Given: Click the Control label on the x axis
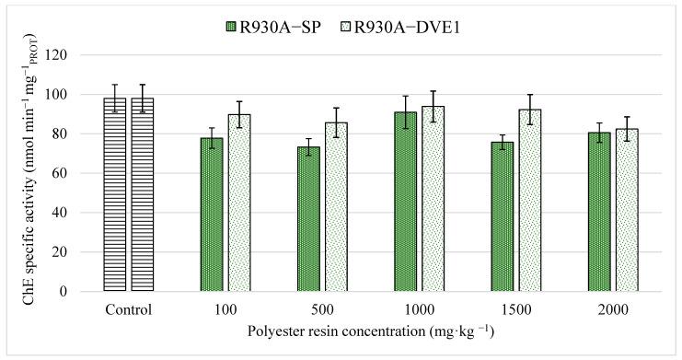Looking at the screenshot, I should pyautogui.click(x=128, y=309).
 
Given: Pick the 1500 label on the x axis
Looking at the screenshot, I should pyautogui.click(x=516, y=309).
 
